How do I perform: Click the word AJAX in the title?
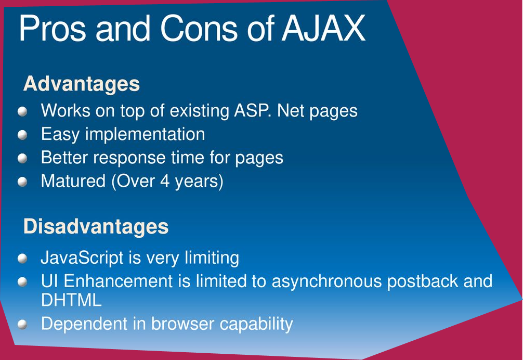click(x=323, y=29)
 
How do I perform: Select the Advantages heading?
click(x=82, y=83)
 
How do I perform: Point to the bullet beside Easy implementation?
click(x=22, y=135)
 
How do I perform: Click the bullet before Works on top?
click(x=22, y=111)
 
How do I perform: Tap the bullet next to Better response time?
click(x=22, y=158)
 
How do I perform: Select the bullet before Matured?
click(x=22, y=182)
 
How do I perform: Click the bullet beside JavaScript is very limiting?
click(x=22, y=258)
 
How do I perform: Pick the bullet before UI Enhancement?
click(x=22, y=281)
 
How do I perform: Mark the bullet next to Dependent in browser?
click(x=22, y=324)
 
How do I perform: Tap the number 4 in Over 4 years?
click(x=165, y=181)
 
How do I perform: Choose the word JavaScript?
click(x=82, y=258)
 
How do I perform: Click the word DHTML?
click(x=71, y=300)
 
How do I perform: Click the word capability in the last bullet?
click(x=256, y=324)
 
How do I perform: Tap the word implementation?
click(x=145, y=135)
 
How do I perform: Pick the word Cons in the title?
click(x=199, y=29)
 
